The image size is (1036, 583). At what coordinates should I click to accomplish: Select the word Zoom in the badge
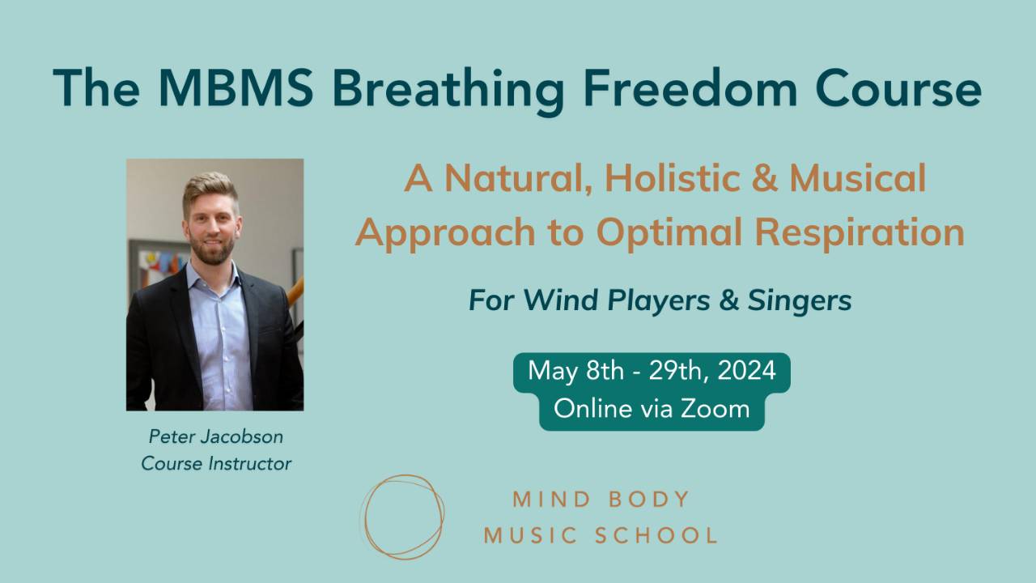pos(715,409)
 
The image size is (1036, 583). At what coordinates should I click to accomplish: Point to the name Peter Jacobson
pos(216,436)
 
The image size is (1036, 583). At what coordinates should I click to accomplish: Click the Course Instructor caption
pos(216,463)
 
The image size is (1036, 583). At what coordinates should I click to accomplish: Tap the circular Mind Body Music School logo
pos(402,517)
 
